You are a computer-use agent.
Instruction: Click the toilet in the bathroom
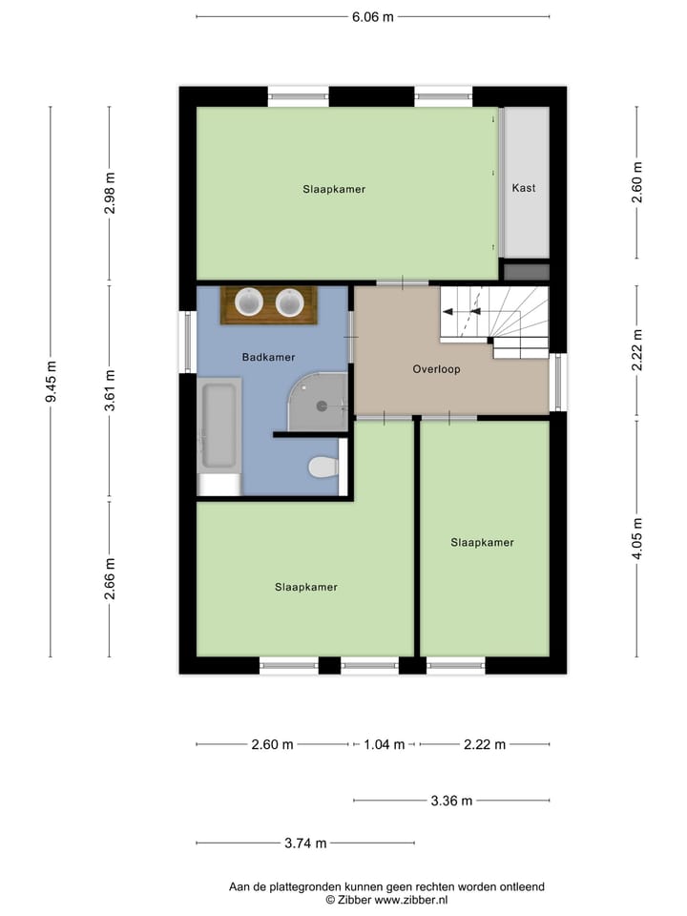coord(323,468)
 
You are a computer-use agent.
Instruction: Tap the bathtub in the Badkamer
coord(219,427)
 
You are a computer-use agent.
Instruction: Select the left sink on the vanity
coord(250,302)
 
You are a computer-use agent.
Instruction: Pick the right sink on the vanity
coord(290,302)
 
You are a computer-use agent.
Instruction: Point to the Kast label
coord(523,188)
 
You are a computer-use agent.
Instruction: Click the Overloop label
coord(436,368)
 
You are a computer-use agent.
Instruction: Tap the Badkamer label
coord(268,357)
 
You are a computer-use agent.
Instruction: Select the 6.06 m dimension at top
coord(372,16)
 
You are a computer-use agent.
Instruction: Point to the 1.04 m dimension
coord(385,744)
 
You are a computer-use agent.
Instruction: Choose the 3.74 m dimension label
coord(305,843)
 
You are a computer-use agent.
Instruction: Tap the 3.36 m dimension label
coord(451,801)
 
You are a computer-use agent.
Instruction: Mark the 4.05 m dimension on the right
coord(636,539)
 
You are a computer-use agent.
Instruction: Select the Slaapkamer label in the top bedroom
coord(334,189)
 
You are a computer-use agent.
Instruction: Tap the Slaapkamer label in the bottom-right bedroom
coord(482,542)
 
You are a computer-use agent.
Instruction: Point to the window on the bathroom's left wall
coord(187,342)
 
